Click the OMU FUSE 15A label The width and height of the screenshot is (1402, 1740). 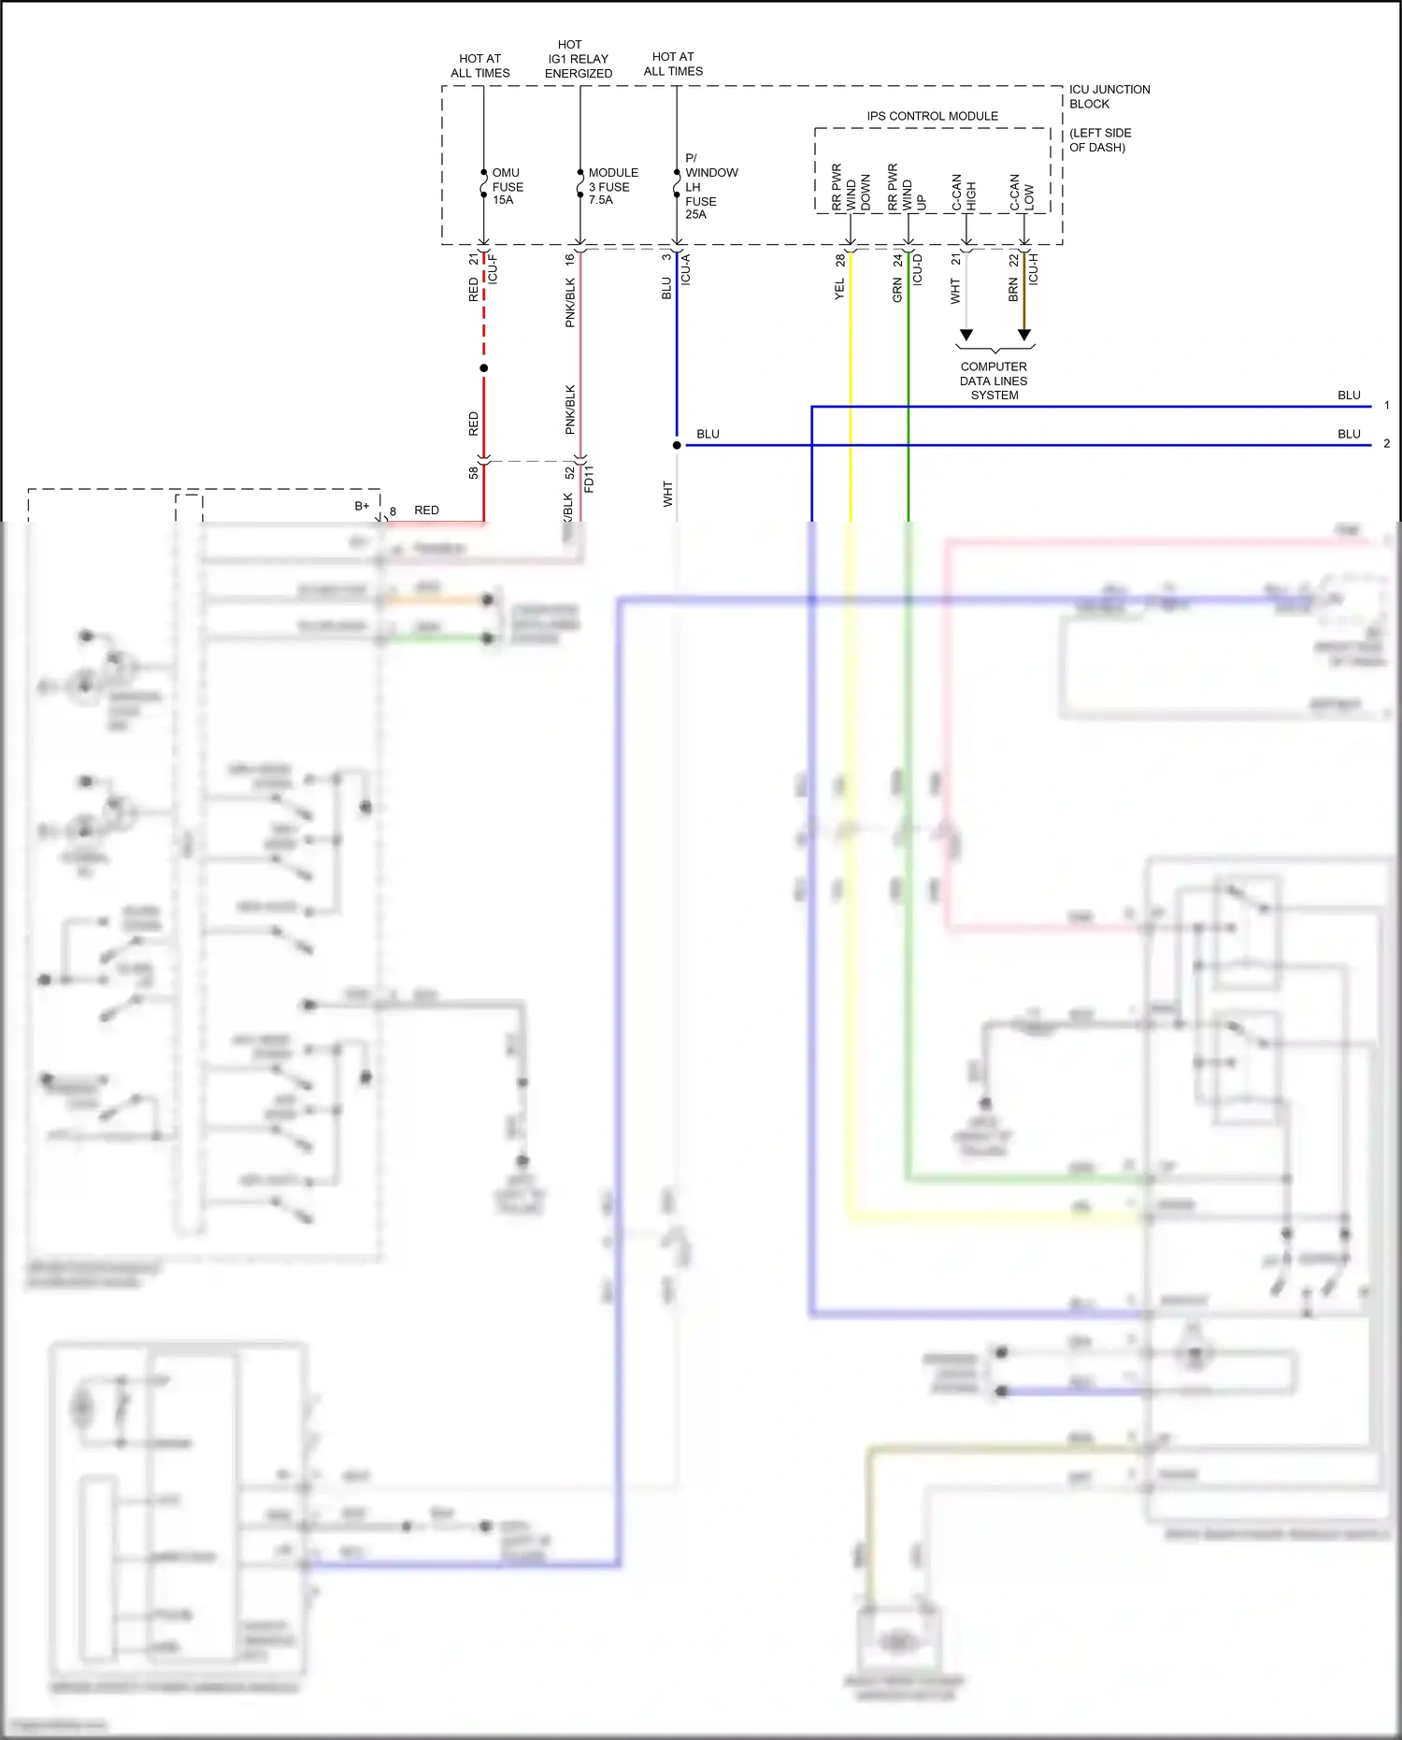tap(507, 186)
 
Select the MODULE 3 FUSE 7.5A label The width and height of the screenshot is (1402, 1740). tap(612, 186)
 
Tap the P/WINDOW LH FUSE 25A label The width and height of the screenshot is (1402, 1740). tap(709, 186)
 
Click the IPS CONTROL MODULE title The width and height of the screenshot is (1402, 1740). tap(932, 116)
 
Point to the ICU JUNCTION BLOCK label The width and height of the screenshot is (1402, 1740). tap(1109, 96)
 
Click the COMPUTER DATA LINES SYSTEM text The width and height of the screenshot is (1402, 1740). tap(994, 381)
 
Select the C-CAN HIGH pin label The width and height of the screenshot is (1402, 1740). tap(964, 193)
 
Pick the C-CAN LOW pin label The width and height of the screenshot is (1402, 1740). tap(1022, 193)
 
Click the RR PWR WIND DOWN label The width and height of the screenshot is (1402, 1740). tap(851, 187)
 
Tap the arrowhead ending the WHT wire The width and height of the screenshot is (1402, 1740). tap(966, 335)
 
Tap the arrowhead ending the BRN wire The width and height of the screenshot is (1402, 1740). tap(1024, 335)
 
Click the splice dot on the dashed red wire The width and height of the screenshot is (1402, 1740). tap(484, 368)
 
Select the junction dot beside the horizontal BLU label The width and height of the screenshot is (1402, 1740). tap(677, 445)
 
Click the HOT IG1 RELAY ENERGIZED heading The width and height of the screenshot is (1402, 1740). tap(578, 59)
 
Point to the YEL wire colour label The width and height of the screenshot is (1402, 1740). tap(839, 290)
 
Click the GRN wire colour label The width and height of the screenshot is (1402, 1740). tap(897, 290)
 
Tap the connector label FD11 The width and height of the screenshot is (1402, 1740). tap(589, 479)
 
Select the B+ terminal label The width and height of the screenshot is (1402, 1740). tap(362, 506)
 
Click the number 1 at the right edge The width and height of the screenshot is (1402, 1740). tap(1387, 406)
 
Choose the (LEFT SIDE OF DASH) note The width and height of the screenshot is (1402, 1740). tap(1100, 140)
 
